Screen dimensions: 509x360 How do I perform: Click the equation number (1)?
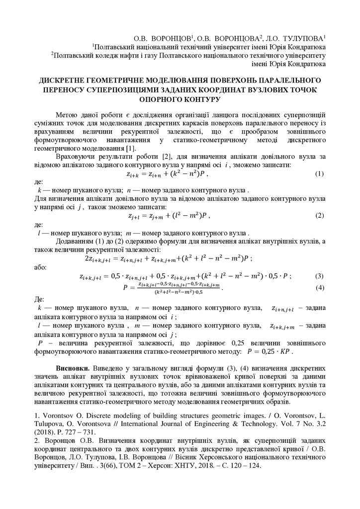click(319, 174)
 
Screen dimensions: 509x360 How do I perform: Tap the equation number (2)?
click(319, 216)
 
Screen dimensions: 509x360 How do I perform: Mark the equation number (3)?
click(319, 276)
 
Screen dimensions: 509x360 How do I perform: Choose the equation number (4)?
click(319, 288)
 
